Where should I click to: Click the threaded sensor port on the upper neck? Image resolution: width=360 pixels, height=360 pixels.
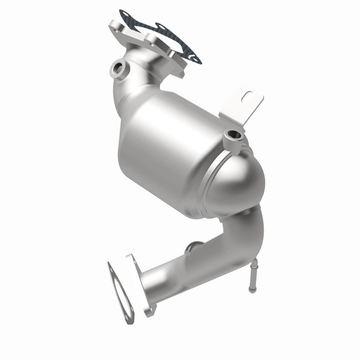[x=119, y=68]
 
